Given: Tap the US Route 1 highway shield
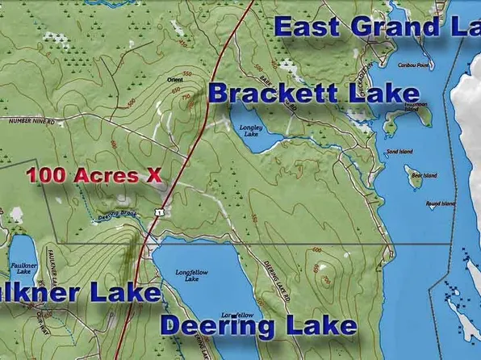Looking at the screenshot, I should pos(161,211).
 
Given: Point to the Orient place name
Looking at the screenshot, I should pos(174,79).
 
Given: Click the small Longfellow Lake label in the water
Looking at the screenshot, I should pos(192,275).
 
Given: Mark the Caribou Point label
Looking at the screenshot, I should pos(413,65).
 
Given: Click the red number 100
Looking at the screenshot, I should pos(44,174).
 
